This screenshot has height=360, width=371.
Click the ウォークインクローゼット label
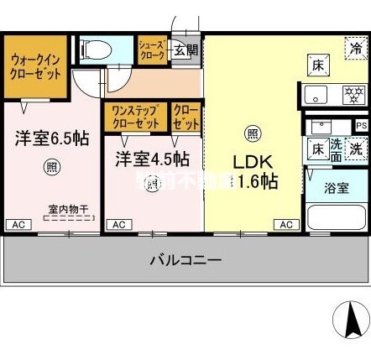[37, 66]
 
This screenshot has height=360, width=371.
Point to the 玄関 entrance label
[186, 51]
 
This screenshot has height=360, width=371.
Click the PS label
[361, 126]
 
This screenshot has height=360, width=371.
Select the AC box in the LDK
[286, 224]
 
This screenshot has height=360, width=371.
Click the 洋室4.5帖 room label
[151, 159]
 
